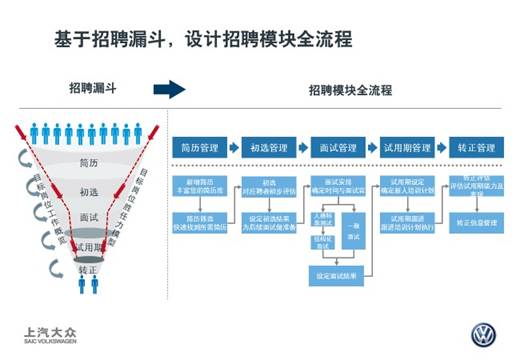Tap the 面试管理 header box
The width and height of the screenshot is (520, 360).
[x=334, y=148]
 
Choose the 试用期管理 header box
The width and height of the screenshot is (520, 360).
[x=406, y=148]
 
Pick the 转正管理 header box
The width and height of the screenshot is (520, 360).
[x=473, y=148]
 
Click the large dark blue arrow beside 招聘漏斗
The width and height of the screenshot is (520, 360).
[x=170, y=90]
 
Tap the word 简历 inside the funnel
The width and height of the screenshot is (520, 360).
[x=87, y=163]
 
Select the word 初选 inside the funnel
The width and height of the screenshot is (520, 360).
[x=87, y=190]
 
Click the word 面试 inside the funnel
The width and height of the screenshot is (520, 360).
[x=87, y=217]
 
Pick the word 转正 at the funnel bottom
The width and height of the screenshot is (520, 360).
[x=87, y=270]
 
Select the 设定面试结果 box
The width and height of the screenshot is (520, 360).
[x=334, y=274]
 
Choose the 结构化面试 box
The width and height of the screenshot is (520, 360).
[x=322, y=240]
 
